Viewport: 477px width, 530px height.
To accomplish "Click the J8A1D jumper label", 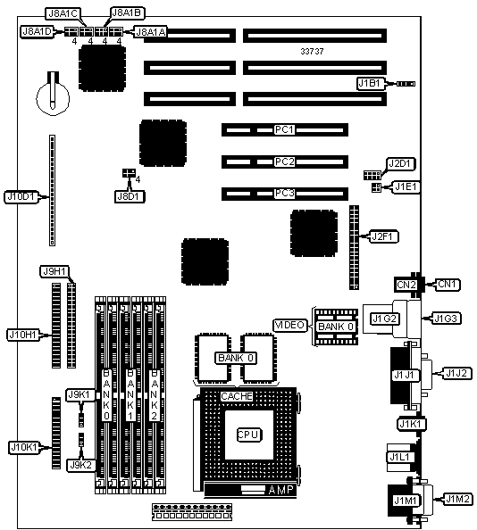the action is [x=37, y=32].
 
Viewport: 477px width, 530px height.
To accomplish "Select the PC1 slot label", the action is [x=284, y=129].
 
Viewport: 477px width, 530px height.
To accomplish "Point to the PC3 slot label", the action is [x=284, y=194].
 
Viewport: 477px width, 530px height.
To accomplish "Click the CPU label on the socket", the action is [x=249, y=435].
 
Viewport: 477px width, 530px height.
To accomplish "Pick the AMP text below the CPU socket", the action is [x=280, y=490].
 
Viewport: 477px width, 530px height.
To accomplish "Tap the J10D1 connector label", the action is [x=21, y=196].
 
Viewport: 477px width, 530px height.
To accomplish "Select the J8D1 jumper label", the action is [x=130, y=196].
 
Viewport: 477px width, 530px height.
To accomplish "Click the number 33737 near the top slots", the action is [x=312, y=52].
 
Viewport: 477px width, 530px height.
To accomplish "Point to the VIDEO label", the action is [x=290, y=326].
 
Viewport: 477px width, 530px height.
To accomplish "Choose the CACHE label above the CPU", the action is [x=237, y=396].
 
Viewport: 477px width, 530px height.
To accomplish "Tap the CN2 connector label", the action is [x=406, y=285].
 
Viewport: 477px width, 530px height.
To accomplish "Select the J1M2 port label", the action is [x=458, y=499].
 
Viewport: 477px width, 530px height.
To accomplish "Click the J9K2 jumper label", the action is [x=81, y=465].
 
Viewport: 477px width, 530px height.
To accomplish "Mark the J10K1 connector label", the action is [x=24, y=448].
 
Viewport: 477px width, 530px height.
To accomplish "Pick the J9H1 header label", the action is [x=54, y=271].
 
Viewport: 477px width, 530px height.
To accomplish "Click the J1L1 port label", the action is [x=399, y=458].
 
